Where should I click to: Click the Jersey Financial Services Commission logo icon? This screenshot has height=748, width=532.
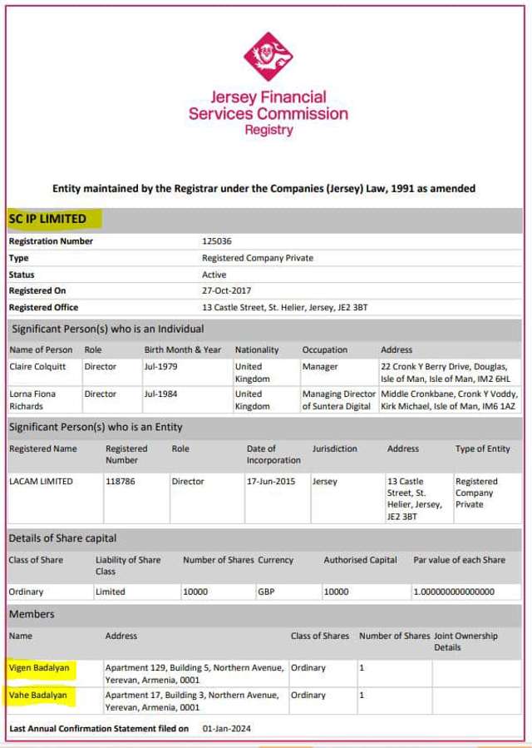[x=268, y=56]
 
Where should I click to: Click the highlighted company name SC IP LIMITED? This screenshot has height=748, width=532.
[x=48, y=219]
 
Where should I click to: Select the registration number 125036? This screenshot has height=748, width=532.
[x=216, y=241]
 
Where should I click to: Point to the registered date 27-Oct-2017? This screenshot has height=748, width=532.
[x=226, y=291]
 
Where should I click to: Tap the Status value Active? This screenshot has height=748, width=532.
[x=214, y=275]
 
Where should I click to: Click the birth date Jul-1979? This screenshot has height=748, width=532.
[x=160, y=367]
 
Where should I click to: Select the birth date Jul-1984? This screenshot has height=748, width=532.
[x=160, y=394]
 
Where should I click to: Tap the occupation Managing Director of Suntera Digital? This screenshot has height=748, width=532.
[x=338, y=400]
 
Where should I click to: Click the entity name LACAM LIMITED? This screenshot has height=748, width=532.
[x=41, y=482]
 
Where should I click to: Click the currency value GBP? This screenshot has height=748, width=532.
[x=268, y=592]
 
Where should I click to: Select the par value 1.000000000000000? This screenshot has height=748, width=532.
[x=454, y=592]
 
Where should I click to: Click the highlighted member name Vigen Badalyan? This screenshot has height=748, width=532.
[x=39, y=668]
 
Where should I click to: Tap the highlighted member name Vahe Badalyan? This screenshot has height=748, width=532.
[x=37, y=695]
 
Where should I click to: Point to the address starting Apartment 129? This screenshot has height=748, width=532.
[x=195, y=673]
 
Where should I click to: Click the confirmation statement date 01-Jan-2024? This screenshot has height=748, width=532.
[x=226, y=729]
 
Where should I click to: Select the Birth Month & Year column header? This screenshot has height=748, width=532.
[x=183, y=350]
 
